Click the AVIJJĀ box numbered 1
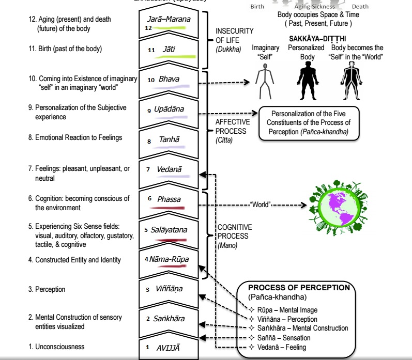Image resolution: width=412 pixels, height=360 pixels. pos(169,348)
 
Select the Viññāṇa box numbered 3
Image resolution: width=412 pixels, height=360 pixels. pos(169,289)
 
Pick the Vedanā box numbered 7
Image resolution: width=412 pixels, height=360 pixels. pos(169,169)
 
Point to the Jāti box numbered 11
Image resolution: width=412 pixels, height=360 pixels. pos(169,50)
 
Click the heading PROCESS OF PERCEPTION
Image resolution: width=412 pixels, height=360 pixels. pos(299,288)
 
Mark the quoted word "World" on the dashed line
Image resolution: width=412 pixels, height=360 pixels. pos(261,204)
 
